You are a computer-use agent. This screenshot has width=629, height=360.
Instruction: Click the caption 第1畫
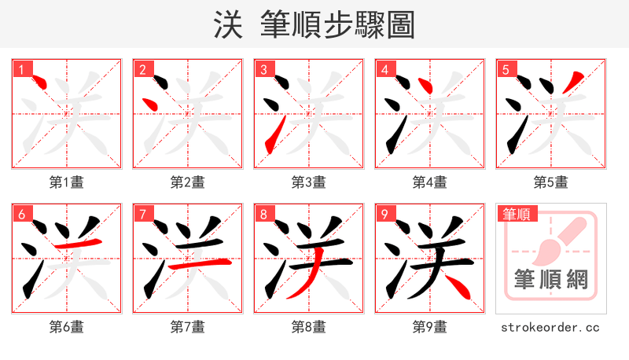coord(67,182)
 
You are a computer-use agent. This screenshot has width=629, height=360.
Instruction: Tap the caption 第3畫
coord(309,182)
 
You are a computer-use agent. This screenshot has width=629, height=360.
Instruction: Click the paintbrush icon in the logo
coord(554,240)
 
